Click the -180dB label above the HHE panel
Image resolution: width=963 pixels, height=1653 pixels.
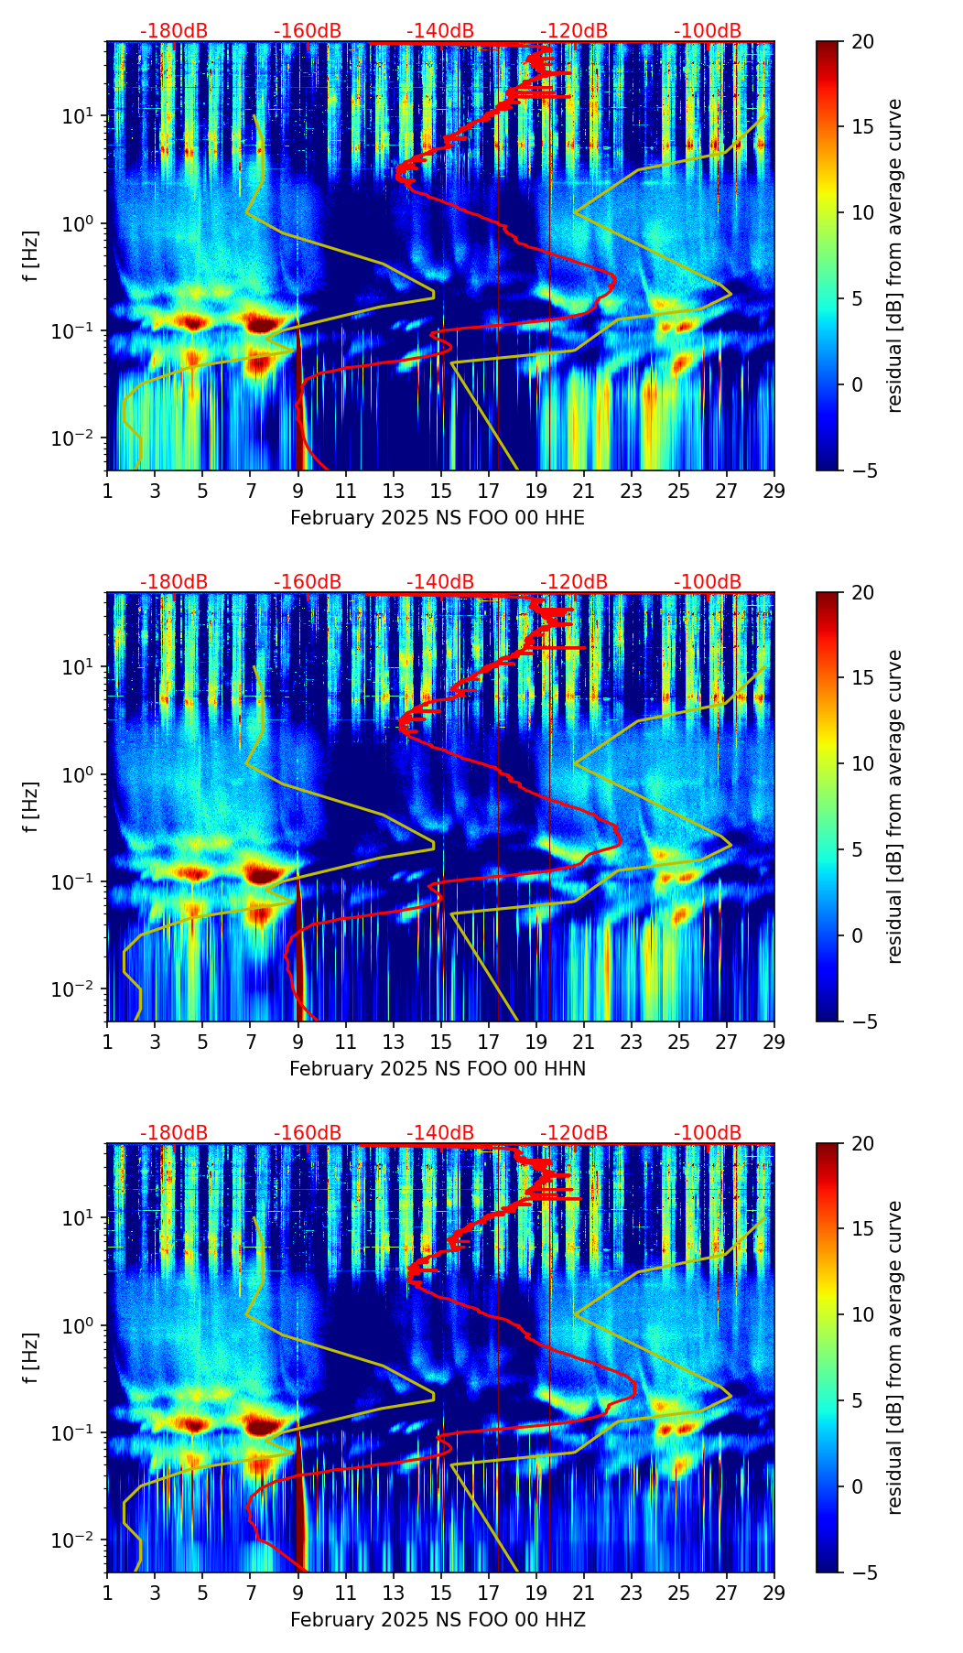(174, 31)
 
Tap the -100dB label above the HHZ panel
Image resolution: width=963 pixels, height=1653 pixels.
(708, 1133)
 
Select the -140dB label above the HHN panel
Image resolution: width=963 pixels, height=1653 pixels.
(440, 582)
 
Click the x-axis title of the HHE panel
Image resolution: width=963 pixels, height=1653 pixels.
(437, 518)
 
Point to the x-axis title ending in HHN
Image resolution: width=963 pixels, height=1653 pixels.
(437, 1069)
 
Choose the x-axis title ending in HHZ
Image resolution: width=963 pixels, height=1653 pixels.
(437, 1620)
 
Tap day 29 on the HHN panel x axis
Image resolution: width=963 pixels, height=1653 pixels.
(774, 1041)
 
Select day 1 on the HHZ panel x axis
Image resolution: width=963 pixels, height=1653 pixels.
(108, 1592)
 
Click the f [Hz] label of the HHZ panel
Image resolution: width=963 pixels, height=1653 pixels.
(31, 1358)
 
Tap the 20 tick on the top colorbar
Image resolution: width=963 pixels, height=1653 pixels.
(862, 41)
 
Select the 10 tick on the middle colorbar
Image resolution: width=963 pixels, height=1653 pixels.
(862, 763)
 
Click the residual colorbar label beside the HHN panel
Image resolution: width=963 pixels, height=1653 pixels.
(894, 806)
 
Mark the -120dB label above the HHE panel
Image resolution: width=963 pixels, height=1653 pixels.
(574, 31)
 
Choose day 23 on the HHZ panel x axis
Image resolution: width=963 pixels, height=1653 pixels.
(632, 1592)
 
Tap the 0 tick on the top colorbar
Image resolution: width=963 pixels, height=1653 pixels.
(857, 384)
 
